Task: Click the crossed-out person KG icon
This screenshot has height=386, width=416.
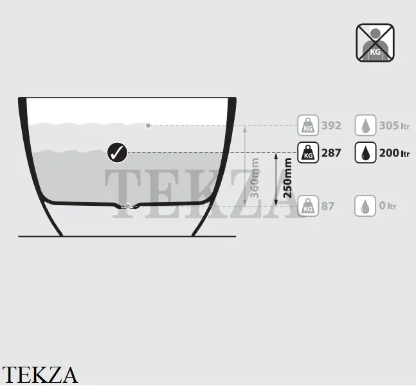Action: [375, 42]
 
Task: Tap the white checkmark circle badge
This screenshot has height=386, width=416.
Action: [117, 152]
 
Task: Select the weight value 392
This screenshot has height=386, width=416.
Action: [331, 125]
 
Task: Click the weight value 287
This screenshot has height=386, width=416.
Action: [331, 153]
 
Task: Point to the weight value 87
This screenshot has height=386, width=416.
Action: [328, 206]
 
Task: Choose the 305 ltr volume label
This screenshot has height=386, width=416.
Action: [394, 125]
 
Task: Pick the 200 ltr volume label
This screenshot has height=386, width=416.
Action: [394, 153]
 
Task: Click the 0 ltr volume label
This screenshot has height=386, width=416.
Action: [388, 205]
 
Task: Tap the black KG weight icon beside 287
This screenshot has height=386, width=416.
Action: [308, 152]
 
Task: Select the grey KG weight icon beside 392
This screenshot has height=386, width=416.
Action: [308, 125]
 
